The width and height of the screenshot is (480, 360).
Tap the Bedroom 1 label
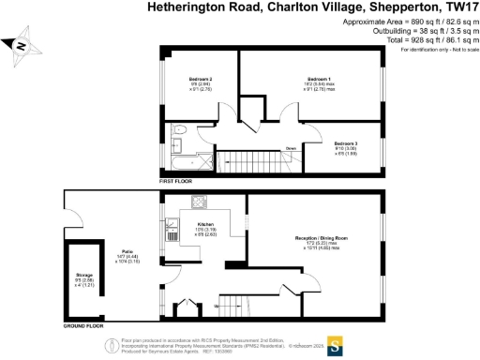point(320,78)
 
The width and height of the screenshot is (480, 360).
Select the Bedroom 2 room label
point(201,78)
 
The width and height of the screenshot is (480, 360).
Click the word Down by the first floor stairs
point(292,148)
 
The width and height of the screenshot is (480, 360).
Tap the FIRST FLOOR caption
point(175,177)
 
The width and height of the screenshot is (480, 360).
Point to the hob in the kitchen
point(201,200)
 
